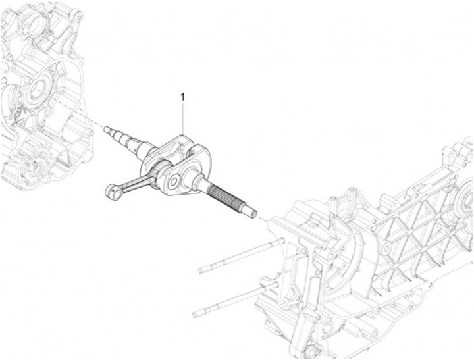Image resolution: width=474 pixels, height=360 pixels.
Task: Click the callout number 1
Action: coord(182,97)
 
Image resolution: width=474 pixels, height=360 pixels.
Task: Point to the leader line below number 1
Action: coord(183,118)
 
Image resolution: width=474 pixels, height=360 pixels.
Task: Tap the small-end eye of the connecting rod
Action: coord(111,192)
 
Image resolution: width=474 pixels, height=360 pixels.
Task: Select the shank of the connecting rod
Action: coord(135,181)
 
